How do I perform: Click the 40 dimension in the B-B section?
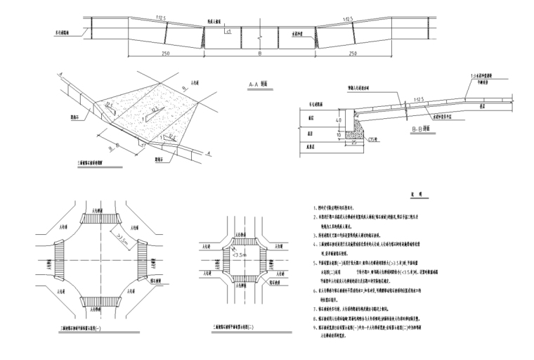[338, 120]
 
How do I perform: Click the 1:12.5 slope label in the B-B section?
[420, 101]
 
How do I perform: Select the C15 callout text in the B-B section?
[372, 140]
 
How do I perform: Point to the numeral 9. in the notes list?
[315, 326]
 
